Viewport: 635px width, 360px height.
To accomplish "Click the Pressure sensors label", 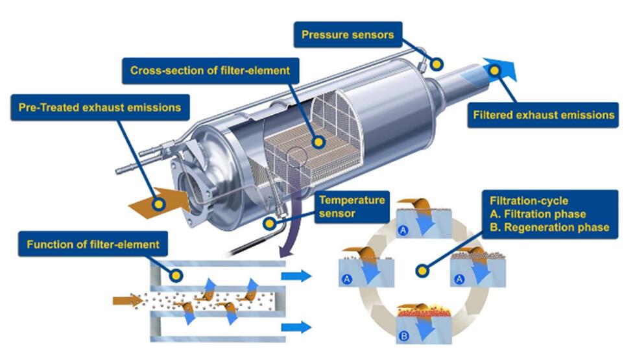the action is [348, 35].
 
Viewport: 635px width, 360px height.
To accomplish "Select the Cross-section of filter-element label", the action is [211, 71].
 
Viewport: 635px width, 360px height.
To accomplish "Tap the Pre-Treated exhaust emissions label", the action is [100, 108].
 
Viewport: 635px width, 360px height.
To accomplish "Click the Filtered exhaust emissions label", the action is [544, 115].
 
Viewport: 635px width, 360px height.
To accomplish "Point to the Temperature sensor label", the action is [352, 207].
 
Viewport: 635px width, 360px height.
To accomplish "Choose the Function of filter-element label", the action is [93, 244].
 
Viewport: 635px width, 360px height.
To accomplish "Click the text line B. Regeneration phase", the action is [549, 228].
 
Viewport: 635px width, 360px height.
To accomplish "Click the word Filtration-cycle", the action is [529, 201].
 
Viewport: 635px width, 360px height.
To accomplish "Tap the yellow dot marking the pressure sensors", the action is [437, 64].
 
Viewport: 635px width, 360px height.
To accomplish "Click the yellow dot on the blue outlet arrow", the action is [494, 71].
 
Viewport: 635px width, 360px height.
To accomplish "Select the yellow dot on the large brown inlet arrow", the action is [159, 204].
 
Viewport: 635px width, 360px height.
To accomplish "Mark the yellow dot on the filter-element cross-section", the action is [318, 142].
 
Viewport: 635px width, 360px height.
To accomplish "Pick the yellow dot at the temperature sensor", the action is [269, 223].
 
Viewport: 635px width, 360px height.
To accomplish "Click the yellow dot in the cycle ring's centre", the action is [422, 270].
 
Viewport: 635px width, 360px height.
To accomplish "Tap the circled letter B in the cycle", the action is [403, 336].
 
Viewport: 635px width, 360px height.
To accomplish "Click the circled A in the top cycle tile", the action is [403, 230].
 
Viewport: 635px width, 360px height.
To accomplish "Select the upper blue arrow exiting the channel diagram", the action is [296, 276].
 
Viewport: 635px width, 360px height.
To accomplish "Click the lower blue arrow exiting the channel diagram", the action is [296, 327].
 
